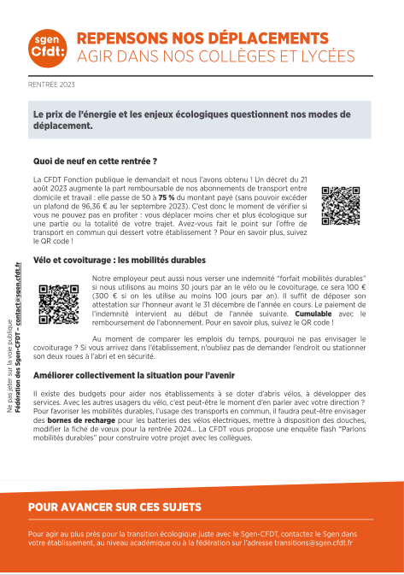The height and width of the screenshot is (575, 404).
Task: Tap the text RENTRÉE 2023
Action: [x=52, y=85]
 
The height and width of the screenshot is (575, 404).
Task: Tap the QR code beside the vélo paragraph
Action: [x=59, y=300]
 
